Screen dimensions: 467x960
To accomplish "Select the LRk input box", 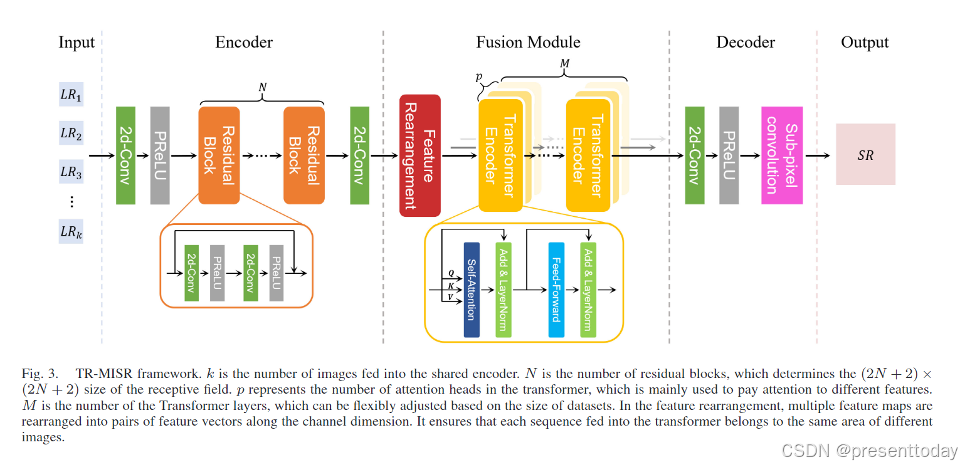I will point(71,232).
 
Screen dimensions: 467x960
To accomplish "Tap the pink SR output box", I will point(865,154).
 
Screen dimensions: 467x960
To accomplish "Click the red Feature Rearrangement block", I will point(420,155).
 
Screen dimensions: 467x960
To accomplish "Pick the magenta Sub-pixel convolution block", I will point(782,155).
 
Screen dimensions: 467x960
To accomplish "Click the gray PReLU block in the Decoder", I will point(729,155).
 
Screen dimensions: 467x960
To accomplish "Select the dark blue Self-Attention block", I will point(472,290).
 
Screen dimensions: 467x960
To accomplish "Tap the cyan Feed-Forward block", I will point(556,290).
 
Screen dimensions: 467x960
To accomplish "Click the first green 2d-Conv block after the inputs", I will point(125,155).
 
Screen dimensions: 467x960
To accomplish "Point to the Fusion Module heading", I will point(528,43).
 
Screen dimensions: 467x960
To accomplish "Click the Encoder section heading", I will point(244,43).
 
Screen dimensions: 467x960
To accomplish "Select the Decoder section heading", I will point(746,43).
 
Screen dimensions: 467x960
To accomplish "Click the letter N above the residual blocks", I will point(262,88).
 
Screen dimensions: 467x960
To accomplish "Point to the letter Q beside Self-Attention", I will point(450,274).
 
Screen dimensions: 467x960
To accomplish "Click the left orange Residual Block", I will point(219,155).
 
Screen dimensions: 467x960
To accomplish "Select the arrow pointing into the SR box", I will point(818,155).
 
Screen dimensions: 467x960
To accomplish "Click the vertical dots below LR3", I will point(71,201).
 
